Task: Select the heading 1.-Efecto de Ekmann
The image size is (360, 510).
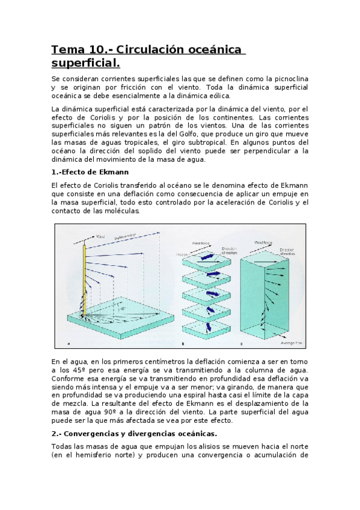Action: point(90,172)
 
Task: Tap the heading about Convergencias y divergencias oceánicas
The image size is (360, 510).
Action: point(132,433)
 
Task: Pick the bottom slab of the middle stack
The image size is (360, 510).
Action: point(207,328)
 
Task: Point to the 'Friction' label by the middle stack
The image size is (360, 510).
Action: point(182,254)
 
